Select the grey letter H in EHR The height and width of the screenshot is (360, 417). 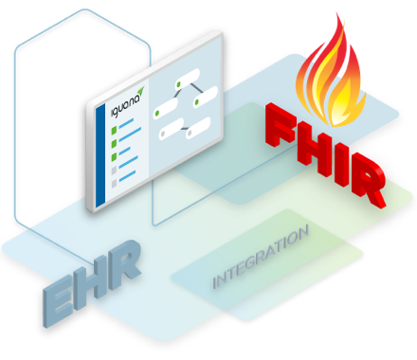96,278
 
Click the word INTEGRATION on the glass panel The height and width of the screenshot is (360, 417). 261,257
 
